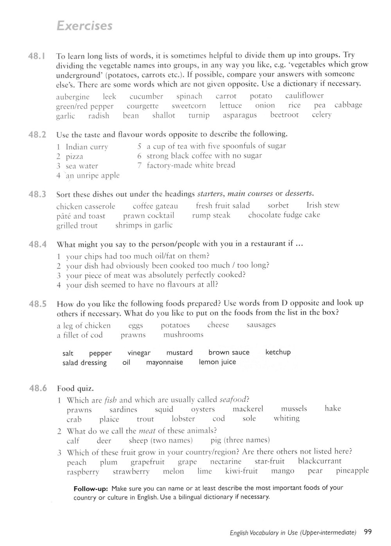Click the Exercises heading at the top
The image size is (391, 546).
point(84,26)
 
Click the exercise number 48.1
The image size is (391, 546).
point(38,56)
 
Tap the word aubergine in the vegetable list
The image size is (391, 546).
point(73,97)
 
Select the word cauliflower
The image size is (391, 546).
point(304,96)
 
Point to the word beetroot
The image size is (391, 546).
point(284,115)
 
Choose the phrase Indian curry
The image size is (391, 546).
point(86,147)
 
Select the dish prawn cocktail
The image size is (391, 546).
point(149,216)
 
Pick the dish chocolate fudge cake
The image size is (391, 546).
point(284,215)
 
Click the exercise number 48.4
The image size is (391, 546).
point(38,245)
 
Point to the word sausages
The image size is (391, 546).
point(261,325)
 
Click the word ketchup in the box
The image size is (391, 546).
point(278,352)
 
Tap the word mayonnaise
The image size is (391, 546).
point(164,362)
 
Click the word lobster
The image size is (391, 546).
point(183,419)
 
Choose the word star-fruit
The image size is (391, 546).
point(269,461)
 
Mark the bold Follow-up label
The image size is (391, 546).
point(90,488)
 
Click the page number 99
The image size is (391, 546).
point(368,532)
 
